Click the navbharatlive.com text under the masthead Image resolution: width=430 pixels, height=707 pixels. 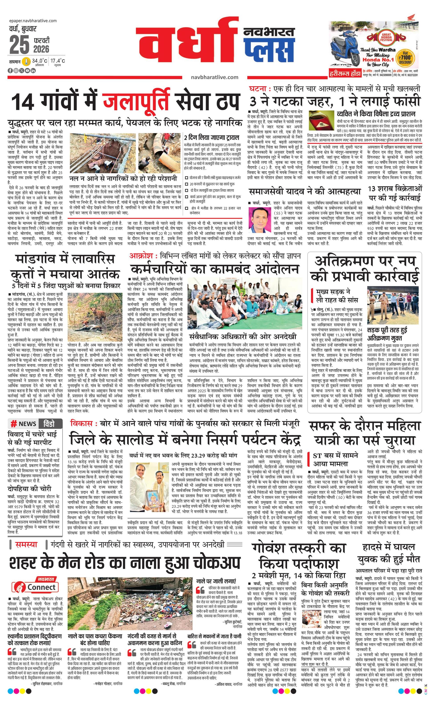pyautogui.click(x=214, y=77)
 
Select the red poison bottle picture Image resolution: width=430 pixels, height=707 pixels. pyautogui.click(x=321, y=121)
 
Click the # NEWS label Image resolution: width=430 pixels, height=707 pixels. pyautogui.click(x=24, y=424)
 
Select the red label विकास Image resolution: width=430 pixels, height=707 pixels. pyautogui.click(x=81, y=423)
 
